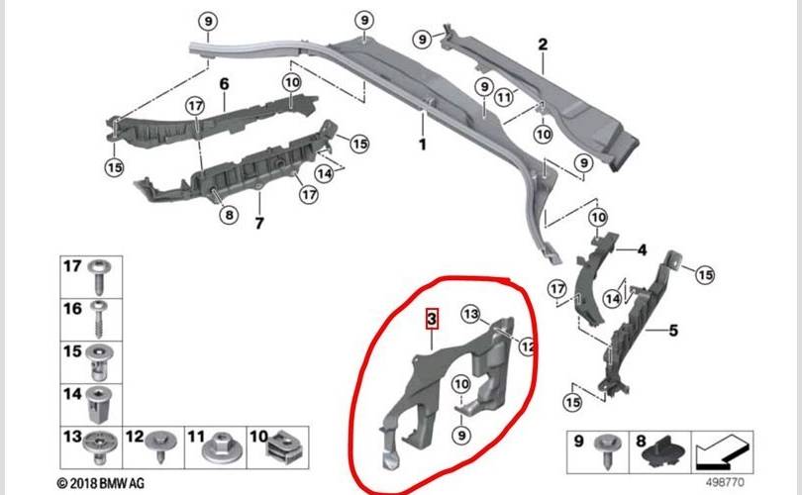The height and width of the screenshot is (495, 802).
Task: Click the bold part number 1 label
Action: (x=423, y=145)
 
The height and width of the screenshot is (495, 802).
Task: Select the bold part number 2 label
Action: (x=543, y=45)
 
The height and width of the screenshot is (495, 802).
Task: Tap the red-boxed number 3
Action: (x=433, y=320)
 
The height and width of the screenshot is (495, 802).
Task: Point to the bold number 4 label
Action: (x=642, y=250)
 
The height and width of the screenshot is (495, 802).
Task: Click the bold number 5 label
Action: (x=673, y=331)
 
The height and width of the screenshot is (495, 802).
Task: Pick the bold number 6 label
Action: (x=224, y=84)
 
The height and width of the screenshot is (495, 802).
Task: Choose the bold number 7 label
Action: (x=259, y=224)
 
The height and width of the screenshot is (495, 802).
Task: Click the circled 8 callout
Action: (x=229, y=215)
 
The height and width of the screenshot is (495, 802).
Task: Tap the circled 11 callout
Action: (x=504, y=97)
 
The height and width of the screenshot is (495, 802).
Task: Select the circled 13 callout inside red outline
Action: (x=471, y=314)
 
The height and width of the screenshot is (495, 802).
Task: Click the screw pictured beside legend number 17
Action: (x=99, y=276)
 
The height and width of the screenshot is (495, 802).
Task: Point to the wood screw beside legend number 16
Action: (x=98, y=319)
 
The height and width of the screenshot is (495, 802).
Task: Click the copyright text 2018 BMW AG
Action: (x=101, y=483)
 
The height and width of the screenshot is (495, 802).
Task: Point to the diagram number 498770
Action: (x=726, y=482)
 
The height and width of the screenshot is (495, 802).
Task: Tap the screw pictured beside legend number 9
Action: (x=607, y=451)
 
